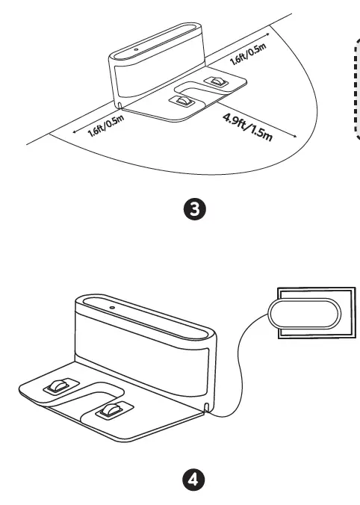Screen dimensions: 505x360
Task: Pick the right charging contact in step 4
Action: click(111, 409)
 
